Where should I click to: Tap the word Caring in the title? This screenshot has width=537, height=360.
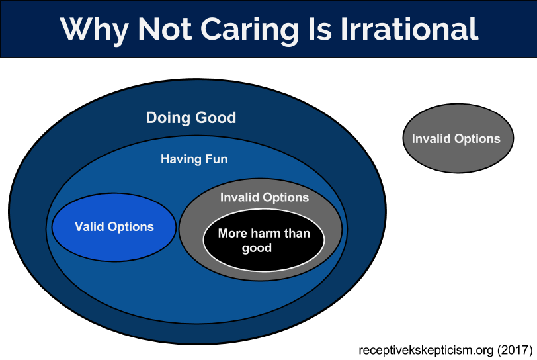[249, 30]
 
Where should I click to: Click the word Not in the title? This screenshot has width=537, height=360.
[165, 30]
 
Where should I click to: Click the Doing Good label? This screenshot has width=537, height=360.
[191, 118]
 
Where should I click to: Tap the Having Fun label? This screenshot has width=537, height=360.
[194, 159]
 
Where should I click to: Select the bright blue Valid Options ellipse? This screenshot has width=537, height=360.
[114, 227]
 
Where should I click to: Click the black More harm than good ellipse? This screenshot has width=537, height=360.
[263, 240]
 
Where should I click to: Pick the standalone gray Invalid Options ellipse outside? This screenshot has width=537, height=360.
[458, 138]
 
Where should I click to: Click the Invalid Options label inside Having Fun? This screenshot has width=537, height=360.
[265, 197]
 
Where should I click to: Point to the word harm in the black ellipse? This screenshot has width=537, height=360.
[265, 233]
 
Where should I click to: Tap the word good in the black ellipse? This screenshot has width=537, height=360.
[257, 248]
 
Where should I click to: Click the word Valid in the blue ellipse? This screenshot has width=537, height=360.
[89, 226]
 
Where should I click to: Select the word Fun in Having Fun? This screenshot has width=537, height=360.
[216, 159]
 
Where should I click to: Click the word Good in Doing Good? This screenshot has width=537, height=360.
[216, 118]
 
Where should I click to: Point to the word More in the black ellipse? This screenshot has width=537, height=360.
[233, 233]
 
